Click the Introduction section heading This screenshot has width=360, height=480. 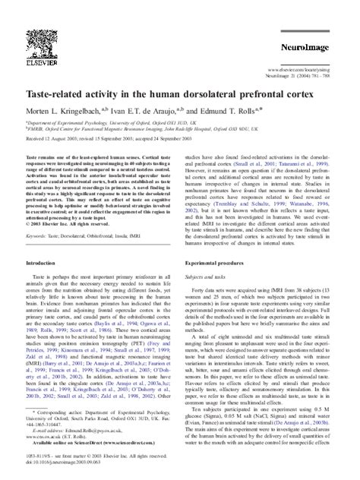click(46, 241)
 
